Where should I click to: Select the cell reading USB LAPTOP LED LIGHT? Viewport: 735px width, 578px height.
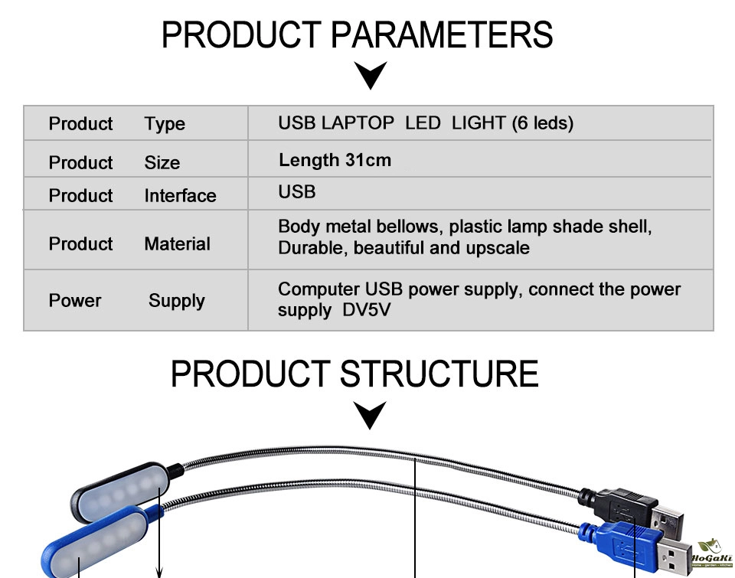click(425, 122)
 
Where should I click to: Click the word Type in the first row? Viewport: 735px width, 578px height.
click(165, 124)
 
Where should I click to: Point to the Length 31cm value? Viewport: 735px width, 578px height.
click(335, 160)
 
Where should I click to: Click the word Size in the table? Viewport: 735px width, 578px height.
click(162, 163)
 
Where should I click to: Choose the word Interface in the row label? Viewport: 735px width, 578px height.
click(180, 196)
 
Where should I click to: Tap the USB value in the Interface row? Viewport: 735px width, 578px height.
click(297, 191)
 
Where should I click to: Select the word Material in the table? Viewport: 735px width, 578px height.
click(177, 244)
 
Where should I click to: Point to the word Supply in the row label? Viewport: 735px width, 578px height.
click(176, 301)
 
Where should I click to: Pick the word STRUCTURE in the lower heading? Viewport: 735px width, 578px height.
click(439, 374)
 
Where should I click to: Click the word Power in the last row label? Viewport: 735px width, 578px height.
click(75, 301)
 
